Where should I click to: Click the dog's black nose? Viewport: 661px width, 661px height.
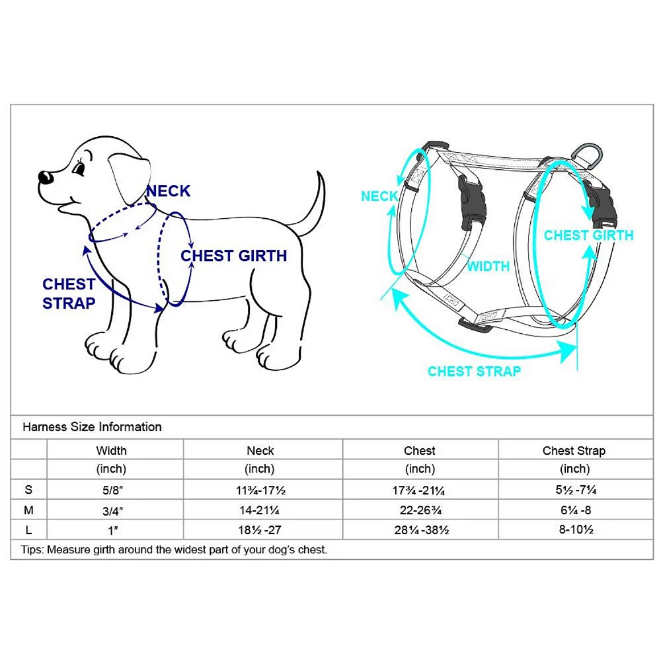click(x=45, y=177)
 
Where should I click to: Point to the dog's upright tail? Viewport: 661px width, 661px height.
click(x=314, y=203)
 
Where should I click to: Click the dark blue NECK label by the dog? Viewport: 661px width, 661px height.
click(x=168, y=191)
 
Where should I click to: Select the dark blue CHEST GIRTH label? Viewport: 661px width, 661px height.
click(x=234, y=256)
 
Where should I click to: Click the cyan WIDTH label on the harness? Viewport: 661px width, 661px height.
click(x=488, y=266)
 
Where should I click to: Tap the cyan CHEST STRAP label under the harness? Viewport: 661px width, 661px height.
click(x=474, y=371)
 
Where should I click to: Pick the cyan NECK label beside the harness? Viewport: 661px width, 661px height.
click(x=379, y=196)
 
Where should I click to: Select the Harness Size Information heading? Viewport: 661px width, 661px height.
click(x=92, y=427)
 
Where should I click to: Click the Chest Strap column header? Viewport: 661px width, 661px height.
click(x=574, y=451)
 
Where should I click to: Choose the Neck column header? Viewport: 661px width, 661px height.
click(x=260, y=451)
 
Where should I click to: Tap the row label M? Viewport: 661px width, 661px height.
click(x=28, y=510)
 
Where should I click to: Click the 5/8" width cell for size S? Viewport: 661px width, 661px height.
click(x=112, y=490)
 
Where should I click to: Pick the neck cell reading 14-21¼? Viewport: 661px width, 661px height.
click(x=259, y=510)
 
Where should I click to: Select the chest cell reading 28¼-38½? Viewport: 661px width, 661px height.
click(x=422, y=530)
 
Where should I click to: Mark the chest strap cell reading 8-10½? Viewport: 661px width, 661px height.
click(x=576, y=529)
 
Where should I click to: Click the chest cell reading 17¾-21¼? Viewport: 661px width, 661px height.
click(x=418, y=490)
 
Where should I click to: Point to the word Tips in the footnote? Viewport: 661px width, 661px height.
click(x=32, y=550)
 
